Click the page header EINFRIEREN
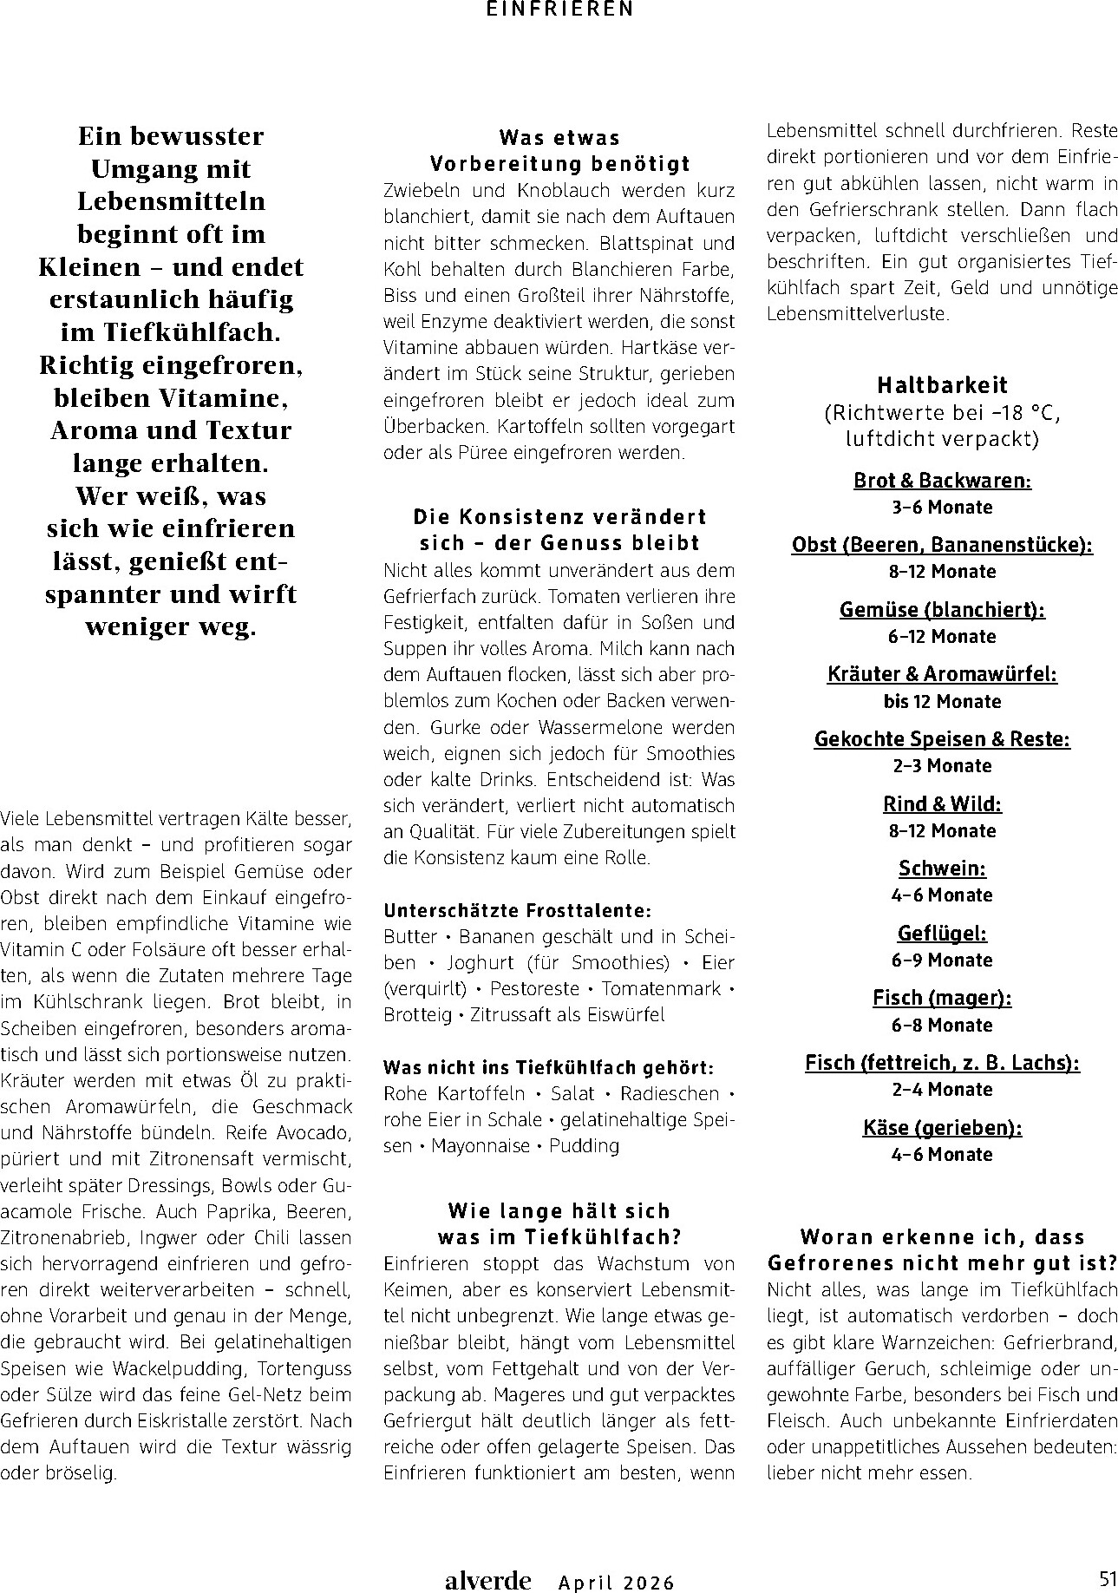[559, 9]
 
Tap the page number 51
[1106, 1577]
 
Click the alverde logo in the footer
[487, 1580]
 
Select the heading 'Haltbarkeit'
[942, 385]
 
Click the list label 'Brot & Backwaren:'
[942, 481]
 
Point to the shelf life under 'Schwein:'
[942, 895]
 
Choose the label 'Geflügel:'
[942, 934]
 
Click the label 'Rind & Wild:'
[942, 804]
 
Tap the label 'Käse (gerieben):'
[942, 1128]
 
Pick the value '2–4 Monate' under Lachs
[942, 1090]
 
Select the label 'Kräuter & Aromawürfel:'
[942, 674]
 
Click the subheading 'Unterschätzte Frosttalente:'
[517, 911]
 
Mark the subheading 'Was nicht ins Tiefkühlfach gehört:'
[548, 1067]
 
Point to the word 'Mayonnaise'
[480, 1146]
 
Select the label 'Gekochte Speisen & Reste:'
[942, 739]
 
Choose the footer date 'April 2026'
[616, 1583]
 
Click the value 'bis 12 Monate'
[942, 701]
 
